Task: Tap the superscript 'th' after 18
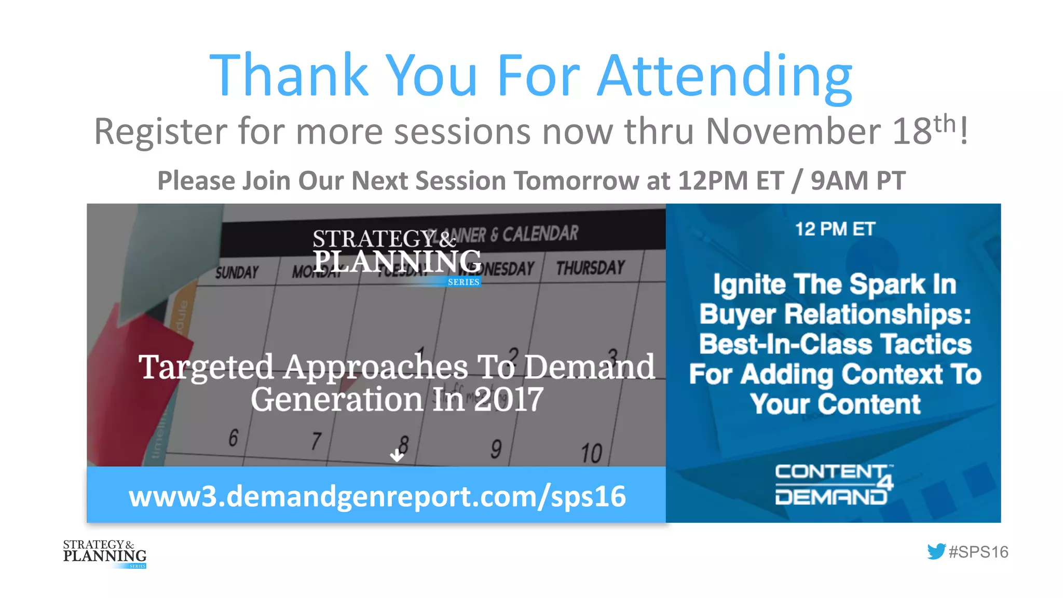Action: pos(944,123)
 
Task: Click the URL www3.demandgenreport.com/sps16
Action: pos(377,496)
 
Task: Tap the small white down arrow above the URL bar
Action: pos(397,456)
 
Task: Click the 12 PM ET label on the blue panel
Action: pos(835,229)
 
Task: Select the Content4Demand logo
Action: pos(833,484)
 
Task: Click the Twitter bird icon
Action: pos(936,551)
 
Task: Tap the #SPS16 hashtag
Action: pos(978,552)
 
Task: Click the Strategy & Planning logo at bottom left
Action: pos(105,554)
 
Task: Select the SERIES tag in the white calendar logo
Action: pos(464,282)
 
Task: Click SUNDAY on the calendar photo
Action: pos(237,273)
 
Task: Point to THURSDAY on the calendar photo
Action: pos(590,268)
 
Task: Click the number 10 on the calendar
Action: pos(591,453)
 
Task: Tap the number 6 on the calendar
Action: pos(234,438)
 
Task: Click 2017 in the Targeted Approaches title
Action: pos(508,400)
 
